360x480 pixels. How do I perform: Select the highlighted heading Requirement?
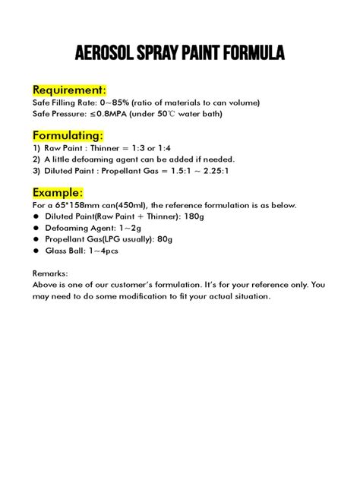tap(69, 90)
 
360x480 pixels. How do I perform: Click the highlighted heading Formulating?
tap(68, 134)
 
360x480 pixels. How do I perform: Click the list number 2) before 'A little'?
tap(36, 159)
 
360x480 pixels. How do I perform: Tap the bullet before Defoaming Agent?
tap(37, 229)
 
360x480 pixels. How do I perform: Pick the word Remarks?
tap(51, 272)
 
